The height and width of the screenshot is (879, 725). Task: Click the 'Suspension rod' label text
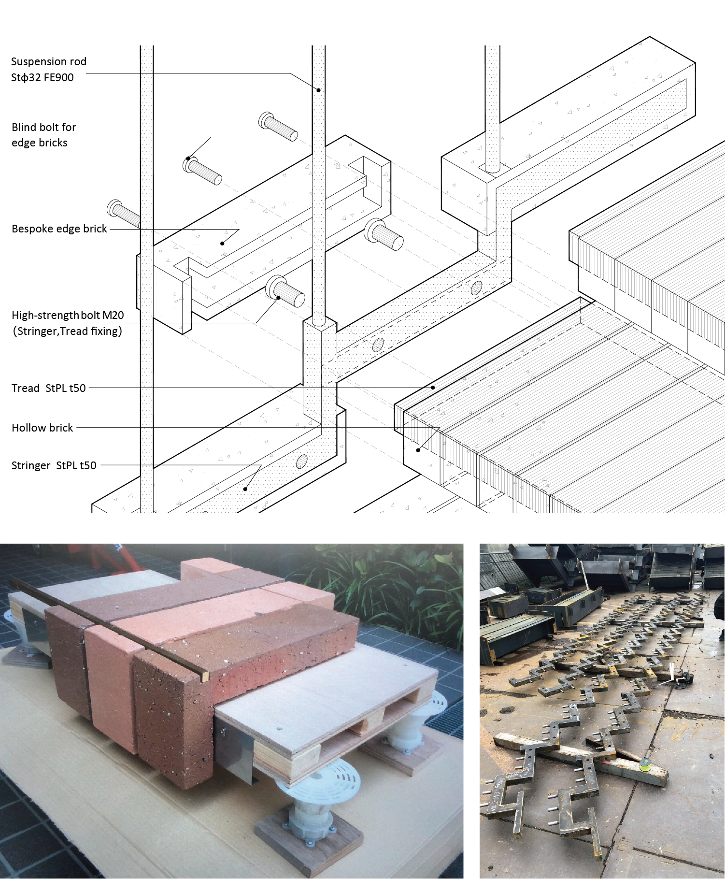click(x=49, y=61)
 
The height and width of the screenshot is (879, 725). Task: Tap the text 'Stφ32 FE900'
click(x=43, y=77)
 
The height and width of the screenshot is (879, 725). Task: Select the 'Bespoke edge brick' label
click(x=59, y=229)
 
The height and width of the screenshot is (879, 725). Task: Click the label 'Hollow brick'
click(x=43, y=428)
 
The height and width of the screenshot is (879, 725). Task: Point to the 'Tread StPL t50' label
click(x=49, y=388)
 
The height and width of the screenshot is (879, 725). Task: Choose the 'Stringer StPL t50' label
click(x=54, y=465)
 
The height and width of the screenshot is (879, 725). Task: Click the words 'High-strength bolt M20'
click(x=68, y=315)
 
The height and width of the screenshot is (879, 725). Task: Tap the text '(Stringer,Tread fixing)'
click(x=68, y=331)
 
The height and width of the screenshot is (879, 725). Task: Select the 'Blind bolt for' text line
click(x=44, y=127)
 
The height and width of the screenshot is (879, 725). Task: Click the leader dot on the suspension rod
click(x=319, y=90)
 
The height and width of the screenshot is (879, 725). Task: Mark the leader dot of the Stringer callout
click(x=245, y=489)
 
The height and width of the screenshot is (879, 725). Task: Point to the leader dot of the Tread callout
click(x=433, y=388)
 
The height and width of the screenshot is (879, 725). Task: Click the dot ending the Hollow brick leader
click(x=418, y=450)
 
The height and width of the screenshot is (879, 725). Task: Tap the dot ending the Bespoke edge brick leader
click(x=222, y=244)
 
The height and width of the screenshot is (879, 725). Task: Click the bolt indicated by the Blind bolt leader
click(x=202, y=170)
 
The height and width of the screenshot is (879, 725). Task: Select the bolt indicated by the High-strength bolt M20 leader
click(x=285, y=291)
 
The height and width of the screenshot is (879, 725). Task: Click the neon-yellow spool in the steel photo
click(x=644, y=764)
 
